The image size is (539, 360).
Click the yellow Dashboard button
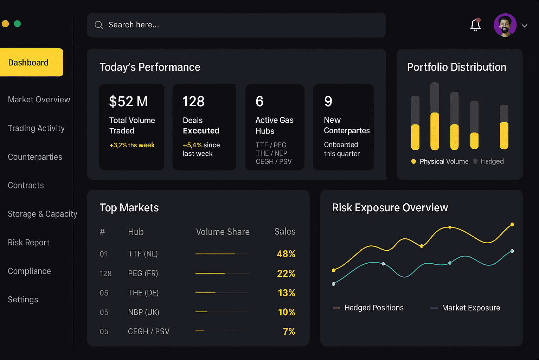[x=31, y=62]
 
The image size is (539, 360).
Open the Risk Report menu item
[x=28, y=243]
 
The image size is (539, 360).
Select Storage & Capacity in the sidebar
[x=42, y=214]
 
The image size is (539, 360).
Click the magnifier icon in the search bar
[x=99, y=25]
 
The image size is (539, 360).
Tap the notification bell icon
[x=475, y=25]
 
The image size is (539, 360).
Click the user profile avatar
[x=505, y=25]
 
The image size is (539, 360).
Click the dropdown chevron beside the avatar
[x=524, y=26]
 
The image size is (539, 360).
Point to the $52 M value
[x=128, y=101]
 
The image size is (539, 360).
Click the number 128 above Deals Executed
[x=193, y=101]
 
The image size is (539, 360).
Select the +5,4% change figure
[x=192, y=145]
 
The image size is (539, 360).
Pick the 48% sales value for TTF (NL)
[x=286, y=254]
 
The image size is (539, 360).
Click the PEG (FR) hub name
[x=143, y=274]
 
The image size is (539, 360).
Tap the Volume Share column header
[x=223, y=232]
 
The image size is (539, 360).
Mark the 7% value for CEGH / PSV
[x=289, y=331]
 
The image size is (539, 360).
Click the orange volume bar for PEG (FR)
[x=210, y=273]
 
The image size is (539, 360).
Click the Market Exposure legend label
[x=471, y=308]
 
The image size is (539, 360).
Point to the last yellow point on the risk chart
[x=512, y=224]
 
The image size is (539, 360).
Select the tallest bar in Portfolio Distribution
[x=435, y=116]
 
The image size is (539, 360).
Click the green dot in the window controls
[x=17, y=24]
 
